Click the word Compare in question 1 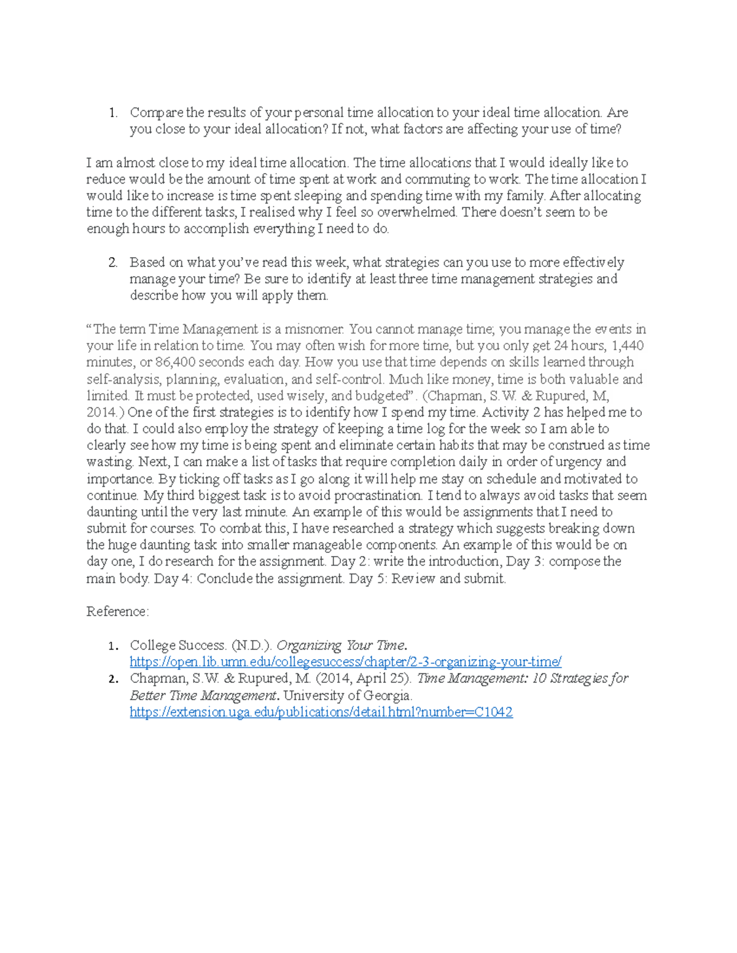pos(156,113)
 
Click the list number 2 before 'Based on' pos(112,263)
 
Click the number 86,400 pos(175,362)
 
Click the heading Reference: pos(117,612)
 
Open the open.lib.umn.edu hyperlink pos(345,662)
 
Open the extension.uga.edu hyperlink pos(321,712)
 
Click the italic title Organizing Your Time pos(341,646)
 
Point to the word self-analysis pos(122,379)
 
